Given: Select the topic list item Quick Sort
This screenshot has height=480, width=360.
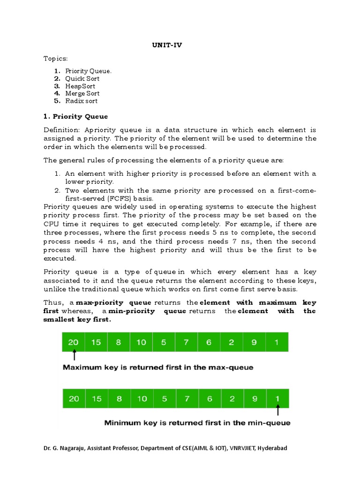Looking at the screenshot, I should point(82,79).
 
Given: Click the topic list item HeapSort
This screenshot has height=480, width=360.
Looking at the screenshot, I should point(80,86).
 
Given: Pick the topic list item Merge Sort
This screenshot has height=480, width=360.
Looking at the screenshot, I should point(82,93).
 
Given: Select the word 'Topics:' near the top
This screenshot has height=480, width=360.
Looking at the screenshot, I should point(55,59).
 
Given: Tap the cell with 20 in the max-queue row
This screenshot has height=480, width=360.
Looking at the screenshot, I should point(74,342).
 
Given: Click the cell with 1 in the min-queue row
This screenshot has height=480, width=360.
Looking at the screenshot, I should point(277,398).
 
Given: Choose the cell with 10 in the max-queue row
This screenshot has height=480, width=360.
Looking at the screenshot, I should point(141,342).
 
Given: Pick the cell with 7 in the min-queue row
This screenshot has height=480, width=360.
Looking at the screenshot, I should point(187,398).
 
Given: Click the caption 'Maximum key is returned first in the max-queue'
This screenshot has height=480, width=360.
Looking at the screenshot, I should point(158,367).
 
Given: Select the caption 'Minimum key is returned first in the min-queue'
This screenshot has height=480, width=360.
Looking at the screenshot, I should point(197,423).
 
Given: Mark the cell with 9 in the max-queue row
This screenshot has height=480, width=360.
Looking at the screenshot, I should point(254,342).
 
